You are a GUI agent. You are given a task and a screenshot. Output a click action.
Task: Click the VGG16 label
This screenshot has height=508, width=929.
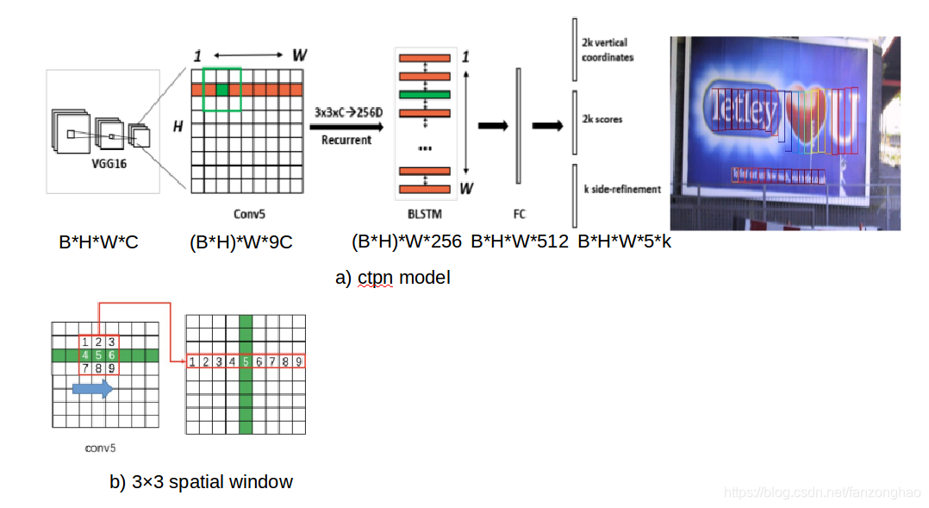pyautogui.click(x=109, y=164)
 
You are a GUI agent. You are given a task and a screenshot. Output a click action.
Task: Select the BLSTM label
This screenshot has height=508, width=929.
pyautogui.click(x=423, y=213)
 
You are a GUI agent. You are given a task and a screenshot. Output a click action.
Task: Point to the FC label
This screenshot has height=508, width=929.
pyautogui.click(x=520, y=213)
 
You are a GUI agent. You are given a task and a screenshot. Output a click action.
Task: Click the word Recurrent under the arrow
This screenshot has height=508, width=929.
pyautogui.click(x=346, y=139)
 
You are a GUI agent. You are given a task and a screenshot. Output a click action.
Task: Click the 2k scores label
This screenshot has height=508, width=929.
pyautogui.click(x=602, y=119)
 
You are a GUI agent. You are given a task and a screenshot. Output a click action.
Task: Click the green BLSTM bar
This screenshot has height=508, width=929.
pyautogui.click(x=424, y=94)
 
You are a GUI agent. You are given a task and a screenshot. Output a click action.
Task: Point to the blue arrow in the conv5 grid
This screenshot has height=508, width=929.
pyautogui.click(x=92, y=389)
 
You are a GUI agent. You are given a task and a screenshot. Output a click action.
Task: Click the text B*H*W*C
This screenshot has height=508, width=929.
pyautogui.click(x=98, y=242)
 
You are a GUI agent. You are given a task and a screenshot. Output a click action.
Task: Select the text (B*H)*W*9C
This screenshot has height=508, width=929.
pyautogui.click(x=240, y=242)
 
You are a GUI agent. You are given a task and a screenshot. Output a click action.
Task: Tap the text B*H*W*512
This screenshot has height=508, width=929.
pyautogui.click(x=519, y=242)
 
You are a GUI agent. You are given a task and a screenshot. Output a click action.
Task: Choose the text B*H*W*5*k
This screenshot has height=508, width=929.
pyautogui.click(x=624, y=242)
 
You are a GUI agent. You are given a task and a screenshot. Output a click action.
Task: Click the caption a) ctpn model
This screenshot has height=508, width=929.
pyautogui.click(x=393, y=278)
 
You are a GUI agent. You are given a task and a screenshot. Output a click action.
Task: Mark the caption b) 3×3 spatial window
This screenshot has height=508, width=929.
pyautogui.click(x=201, y=481)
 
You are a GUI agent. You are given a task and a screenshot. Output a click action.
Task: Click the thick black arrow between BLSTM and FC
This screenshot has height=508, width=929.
pyautogui.click(x=492, y=125)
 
